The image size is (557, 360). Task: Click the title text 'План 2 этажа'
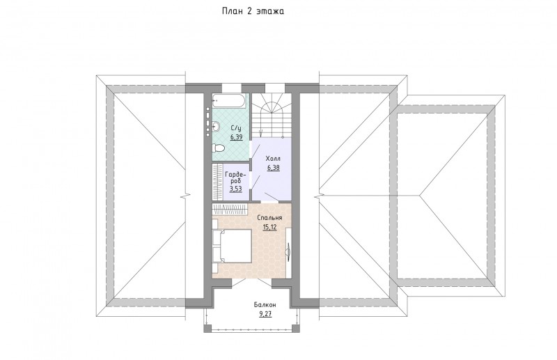click(x=253, y=11)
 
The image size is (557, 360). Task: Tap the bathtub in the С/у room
click(x=228, y=100)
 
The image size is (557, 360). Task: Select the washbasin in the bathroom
click(x=216, y=126)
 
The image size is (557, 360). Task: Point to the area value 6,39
click(x=236, y=137)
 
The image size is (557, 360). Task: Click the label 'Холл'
click(x=273, y=159)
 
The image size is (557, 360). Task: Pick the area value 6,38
click(x=273, y=168)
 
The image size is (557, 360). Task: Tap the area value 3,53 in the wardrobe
click(x=235, y=189)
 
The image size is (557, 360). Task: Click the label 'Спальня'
click(x=269, y=218)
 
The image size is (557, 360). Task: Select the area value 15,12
click(x=270, y=227)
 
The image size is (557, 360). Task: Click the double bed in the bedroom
click(x=233, y=246)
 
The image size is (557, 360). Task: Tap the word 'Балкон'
click(x=265, y=305)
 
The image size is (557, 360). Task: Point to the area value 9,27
click(x=265, y=314)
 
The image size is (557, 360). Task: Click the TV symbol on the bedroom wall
click(x=289, y=248)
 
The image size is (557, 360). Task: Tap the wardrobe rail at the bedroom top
click(x=230, y=209)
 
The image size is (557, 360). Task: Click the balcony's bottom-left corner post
click(x=207, y=329)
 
